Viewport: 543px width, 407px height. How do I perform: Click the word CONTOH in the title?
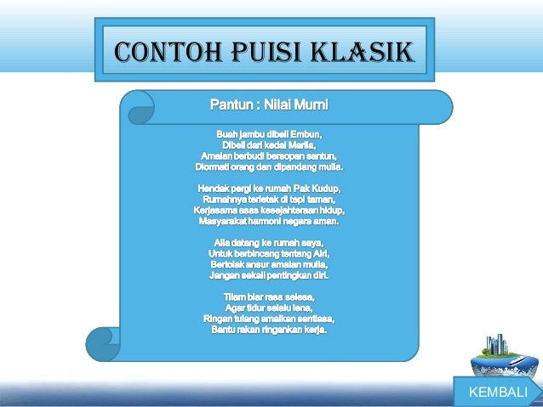pos(157,52)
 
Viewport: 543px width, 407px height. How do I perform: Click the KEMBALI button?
pos(499,393)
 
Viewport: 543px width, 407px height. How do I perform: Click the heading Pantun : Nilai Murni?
pos(268,106)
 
